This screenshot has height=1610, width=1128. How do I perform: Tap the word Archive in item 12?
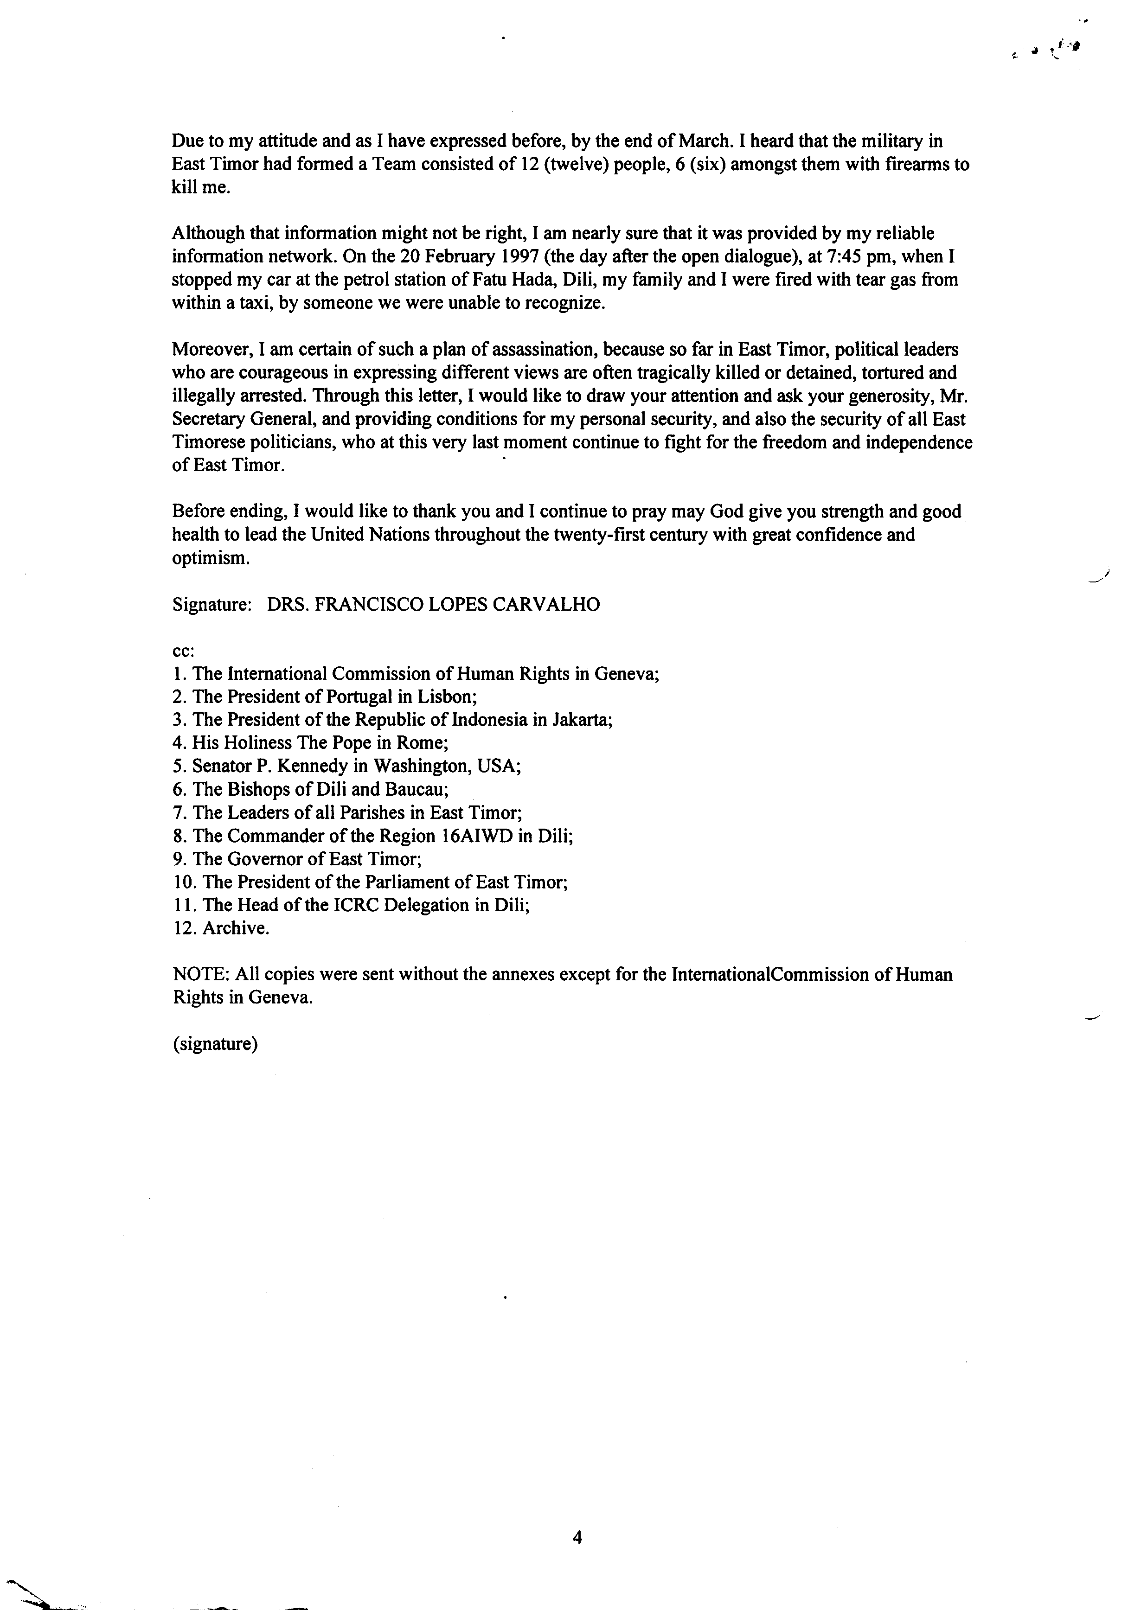235,928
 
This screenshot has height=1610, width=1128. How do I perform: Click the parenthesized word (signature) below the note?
215,1043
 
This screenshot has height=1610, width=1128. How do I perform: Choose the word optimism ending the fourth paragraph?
210,558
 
